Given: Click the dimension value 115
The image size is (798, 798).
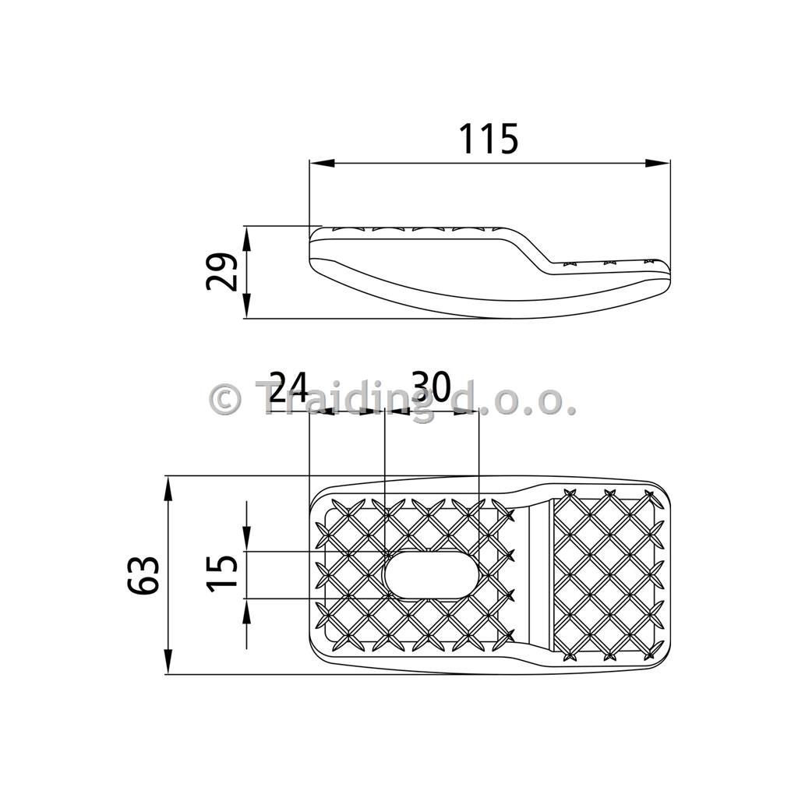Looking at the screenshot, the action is coord(489,139).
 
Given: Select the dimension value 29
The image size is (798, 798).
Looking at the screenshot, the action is coord(222,271).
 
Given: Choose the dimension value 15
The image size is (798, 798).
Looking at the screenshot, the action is coord(222,574).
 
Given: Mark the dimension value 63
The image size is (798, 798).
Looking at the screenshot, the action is coord(143,575).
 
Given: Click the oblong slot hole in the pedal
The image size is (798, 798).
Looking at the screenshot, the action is coord(430,574).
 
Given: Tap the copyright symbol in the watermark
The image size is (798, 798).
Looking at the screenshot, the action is coord(224,400).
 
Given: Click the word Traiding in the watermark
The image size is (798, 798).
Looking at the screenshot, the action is coord(347,401).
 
